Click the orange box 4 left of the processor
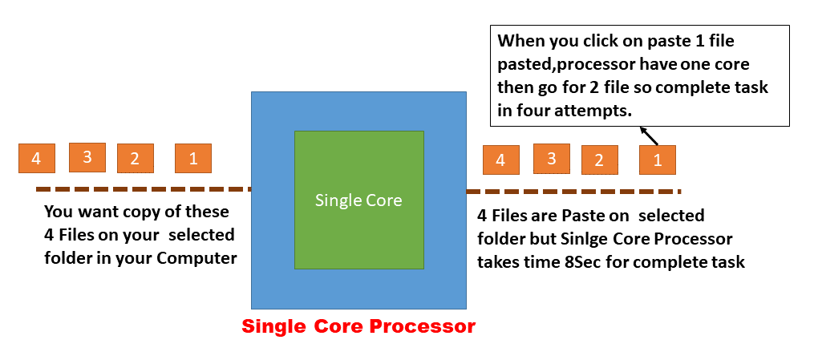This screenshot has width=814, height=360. click(x=36, y=158)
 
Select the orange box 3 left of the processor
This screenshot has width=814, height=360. click(x=87, y=157)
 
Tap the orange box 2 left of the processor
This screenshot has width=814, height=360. click(x=135, y=158)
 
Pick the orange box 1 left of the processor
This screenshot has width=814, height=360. click(x=193, y=158)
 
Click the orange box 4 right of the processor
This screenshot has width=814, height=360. click(x=500, y=160)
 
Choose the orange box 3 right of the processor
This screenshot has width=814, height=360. click(x=551, y=158)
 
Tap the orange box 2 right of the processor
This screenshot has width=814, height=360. click(x=599, y=160)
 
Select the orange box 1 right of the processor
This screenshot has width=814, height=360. click(x=657, y=160)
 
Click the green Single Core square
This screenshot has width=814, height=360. click(x=358, y=200)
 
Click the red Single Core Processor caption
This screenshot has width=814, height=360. click(x=358, y=327)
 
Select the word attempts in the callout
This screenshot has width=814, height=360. click(x=598, y=111)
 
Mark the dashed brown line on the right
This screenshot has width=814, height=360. click(x=573, y=192)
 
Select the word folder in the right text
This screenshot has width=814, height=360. click(x=500, y=239)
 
